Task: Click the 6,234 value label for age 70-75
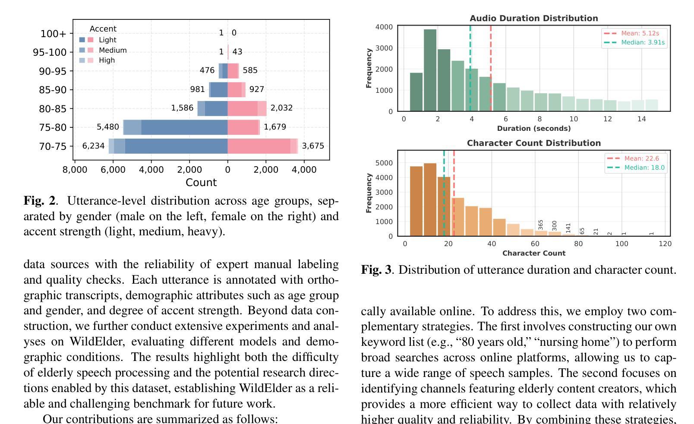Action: pyautogui.click(x=93, y=146)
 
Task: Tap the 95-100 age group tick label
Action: pyautogui.click(x=50, y=53)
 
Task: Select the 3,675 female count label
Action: pyautogui.click(x=313, y=146)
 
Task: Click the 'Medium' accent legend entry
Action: pyautogui.click(x=112, y=50)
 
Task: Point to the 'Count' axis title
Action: pyautogui.click(x=201, y=183)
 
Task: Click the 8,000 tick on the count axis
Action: pyautogui.click(x=75, y=170)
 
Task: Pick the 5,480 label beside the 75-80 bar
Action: pyautogui.click(x=107, y=127)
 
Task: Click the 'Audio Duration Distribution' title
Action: pyautogui.click(x=534, y=18)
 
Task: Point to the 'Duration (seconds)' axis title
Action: pyautogui.click(x=534, y=128)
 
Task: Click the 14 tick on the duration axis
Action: pyautogui.click(x=641, y=119)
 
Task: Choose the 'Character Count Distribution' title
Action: pyautogui.click(x=534, y=143)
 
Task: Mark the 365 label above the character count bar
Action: pyautogui.click(x=541, y=225)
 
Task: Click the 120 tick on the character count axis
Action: pyautogui.click(x=665, y=244)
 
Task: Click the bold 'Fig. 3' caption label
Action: pyautogui.click(x=376, y=270)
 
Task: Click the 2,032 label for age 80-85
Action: pyautogui.click(x=281, y=108)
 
